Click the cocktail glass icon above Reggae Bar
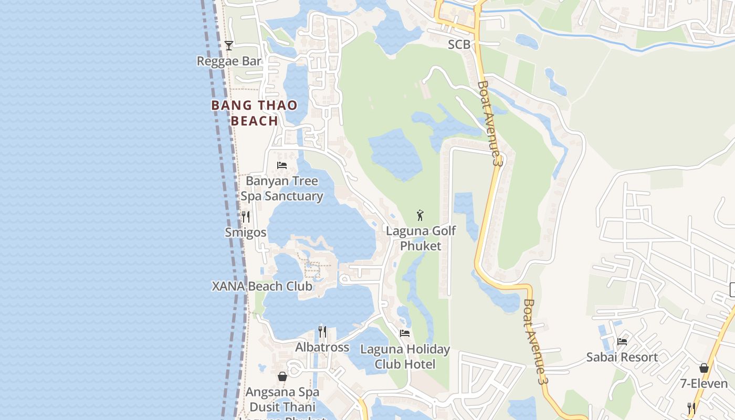tap(228, 46)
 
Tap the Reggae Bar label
tap(229, 61)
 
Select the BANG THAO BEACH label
tap(255, 113)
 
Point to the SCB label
tap(459, 45)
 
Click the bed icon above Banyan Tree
tap(282, 165)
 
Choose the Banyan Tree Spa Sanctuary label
tap(282, 188)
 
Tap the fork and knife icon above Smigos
tap(245, 216)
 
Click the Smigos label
tap(246, 232)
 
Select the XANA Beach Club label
tap(262, 287)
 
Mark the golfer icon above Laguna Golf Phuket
tap(420, 215)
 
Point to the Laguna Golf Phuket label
tap(421, 238)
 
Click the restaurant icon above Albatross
tap(322, 332)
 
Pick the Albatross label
tap(322, 348)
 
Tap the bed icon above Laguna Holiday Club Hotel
tap(405, 333)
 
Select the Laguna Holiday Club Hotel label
tap(405, 356)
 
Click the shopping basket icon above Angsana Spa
tap(282, 376)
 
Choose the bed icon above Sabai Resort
tap(622, 341)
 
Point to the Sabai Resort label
tap(622, 358)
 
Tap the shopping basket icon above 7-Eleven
tap(704, 368)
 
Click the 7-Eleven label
tap(704, 384)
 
